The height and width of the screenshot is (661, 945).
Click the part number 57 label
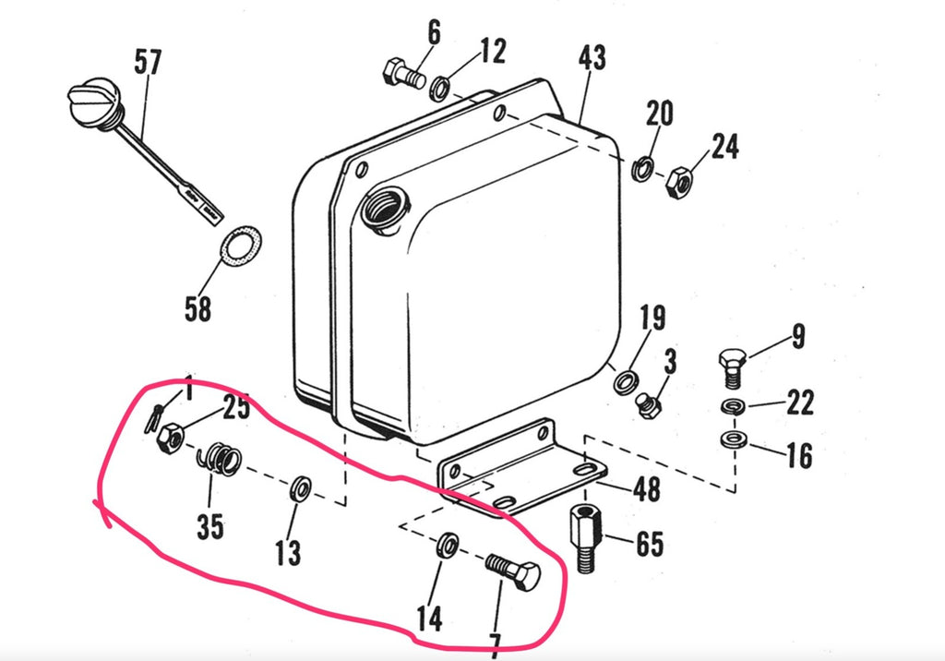(148, 63)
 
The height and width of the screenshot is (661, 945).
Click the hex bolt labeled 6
(402, 72)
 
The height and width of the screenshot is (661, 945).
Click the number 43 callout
(592, 58)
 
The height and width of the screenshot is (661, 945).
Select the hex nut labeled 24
(679, 182)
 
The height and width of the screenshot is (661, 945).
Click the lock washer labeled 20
(642, 169)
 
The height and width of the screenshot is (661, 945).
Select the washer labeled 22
(733, 407)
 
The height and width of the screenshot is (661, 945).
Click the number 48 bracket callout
(647, 488)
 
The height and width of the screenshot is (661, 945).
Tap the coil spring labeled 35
(221, 459)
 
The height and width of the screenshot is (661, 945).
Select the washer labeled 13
(301, 488)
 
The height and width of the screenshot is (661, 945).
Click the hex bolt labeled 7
(513, 573)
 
